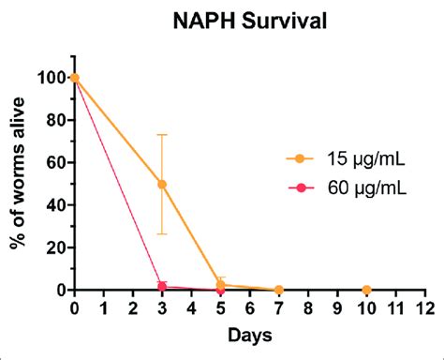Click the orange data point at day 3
pos(162,184)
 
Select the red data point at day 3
pos(162,287)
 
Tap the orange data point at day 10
pos(366,290)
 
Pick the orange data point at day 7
pos(278,290)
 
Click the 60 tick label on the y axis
pos(55,163)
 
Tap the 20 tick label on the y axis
pos(55,247)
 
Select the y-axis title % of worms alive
pos(19,183)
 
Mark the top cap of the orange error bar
pos(162,135)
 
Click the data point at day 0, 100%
pos(75,78)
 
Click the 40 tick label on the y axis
pos(55,205)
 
